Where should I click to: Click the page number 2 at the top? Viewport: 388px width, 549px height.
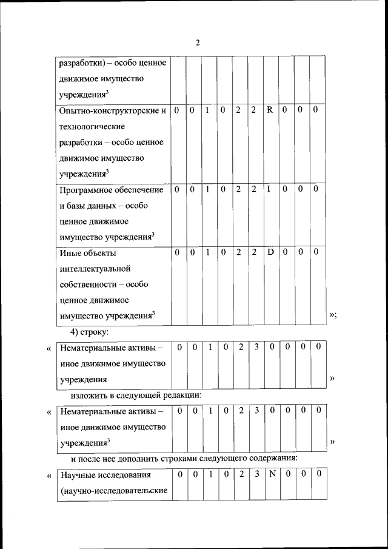tap(198, 42)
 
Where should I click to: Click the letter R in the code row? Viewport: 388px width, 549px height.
tap(270, 110)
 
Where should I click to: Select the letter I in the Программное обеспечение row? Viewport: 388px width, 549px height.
tap(269, 190)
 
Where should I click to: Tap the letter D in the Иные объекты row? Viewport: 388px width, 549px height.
tap(270, 252)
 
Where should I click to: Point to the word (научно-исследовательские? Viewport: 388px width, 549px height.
tap(113, 490)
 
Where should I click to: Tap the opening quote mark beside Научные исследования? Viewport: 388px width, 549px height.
tap(48, 476)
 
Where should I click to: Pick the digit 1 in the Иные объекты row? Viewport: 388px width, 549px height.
tap(207, 252)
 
